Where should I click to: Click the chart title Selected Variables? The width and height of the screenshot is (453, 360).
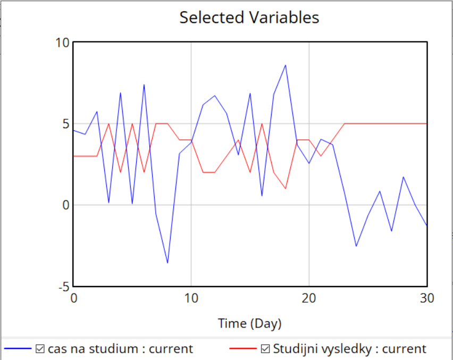[249, 18]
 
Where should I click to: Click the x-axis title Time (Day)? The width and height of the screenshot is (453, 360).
[249, 323]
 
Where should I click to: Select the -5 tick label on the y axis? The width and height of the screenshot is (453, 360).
[64, 287]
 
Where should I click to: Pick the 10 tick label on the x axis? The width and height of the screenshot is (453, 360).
[191, 298]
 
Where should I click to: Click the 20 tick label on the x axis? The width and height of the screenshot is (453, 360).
[309, 298]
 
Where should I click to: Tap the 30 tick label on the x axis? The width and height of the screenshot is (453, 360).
[426, 298]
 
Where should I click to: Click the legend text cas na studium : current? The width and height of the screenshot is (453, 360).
[120, 349]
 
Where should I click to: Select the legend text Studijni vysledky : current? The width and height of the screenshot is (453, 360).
[349, 349]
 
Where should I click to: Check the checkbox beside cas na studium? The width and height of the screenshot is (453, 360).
[40, 349]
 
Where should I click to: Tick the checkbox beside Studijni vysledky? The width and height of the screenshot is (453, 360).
[265, 349]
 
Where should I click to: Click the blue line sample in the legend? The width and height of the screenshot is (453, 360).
[18, 349]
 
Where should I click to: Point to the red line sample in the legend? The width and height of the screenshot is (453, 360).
[243, 349]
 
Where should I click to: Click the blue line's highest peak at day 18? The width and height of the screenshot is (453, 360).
[286, 65]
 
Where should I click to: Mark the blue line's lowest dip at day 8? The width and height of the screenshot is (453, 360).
[167, 263]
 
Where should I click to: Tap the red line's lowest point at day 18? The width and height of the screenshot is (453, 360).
[286, 189]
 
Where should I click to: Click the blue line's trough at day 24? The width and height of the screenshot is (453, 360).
[356, 246]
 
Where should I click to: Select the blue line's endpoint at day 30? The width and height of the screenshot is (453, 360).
[426, 225]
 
